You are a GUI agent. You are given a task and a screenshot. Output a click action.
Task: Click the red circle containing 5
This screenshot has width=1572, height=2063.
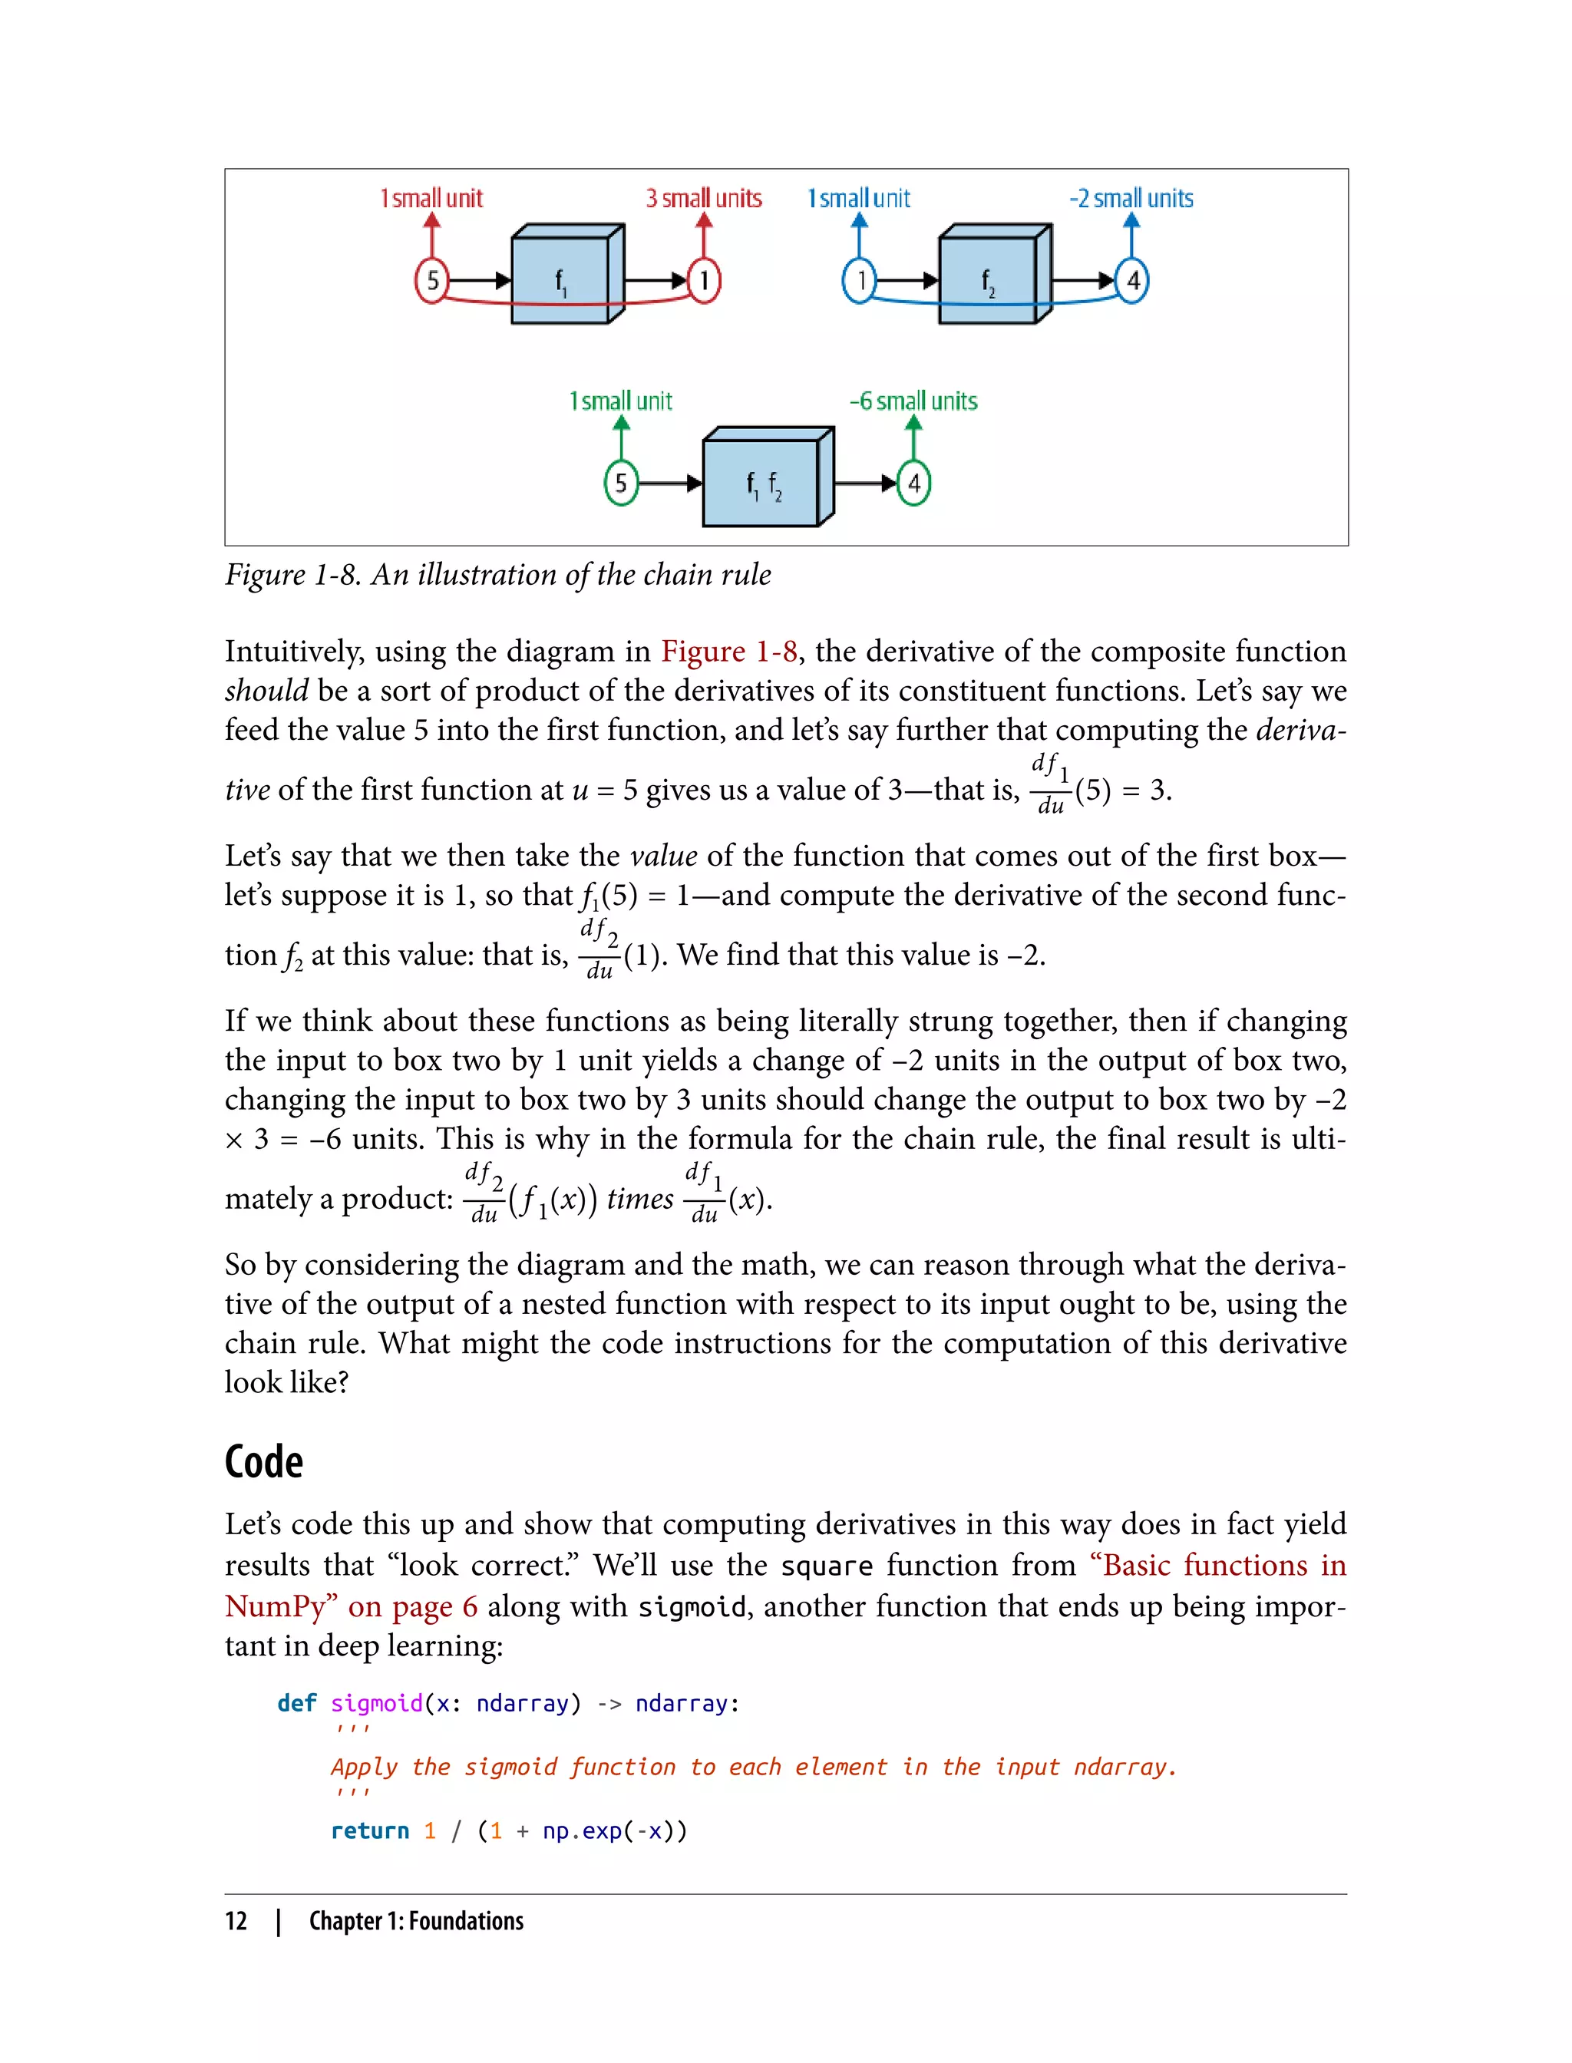click(431, 279)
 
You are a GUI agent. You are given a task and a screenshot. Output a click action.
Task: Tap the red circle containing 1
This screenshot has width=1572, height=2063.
click(704, 279)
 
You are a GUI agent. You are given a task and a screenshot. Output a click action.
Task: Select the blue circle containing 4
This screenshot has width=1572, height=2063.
click(1132, 279)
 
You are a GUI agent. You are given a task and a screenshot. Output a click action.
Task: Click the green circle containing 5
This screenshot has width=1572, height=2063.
click(620, 483)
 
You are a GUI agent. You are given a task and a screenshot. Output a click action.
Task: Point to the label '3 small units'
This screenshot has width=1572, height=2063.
click(704, 198)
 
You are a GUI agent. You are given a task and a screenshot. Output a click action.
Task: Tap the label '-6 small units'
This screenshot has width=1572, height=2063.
click(913, 401)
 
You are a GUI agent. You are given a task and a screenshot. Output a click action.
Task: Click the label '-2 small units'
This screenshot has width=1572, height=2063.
click(1131, 198)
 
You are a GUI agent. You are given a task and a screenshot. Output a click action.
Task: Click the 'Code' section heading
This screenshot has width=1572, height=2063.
click(264, 1462)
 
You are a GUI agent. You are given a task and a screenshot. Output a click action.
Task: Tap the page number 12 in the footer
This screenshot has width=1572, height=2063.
click(236, 1921)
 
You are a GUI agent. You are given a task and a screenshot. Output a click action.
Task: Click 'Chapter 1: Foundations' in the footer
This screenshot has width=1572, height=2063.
click(416, 1921)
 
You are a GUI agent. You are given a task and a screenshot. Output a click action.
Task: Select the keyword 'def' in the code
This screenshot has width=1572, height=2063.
click(296, 1703)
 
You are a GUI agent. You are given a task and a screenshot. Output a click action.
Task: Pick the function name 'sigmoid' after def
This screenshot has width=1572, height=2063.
click(376, 1703)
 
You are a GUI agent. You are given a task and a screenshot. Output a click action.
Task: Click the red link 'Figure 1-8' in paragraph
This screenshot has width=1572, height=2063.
click(729, 651)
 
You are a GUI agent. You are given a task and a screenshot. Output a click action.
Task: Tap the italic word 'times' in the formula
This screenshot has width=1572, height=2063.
click(640, 1199)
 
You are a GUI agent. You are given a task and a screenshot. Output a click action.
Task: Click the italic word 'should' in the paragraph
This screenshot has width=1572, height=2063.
click(266, 691)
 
